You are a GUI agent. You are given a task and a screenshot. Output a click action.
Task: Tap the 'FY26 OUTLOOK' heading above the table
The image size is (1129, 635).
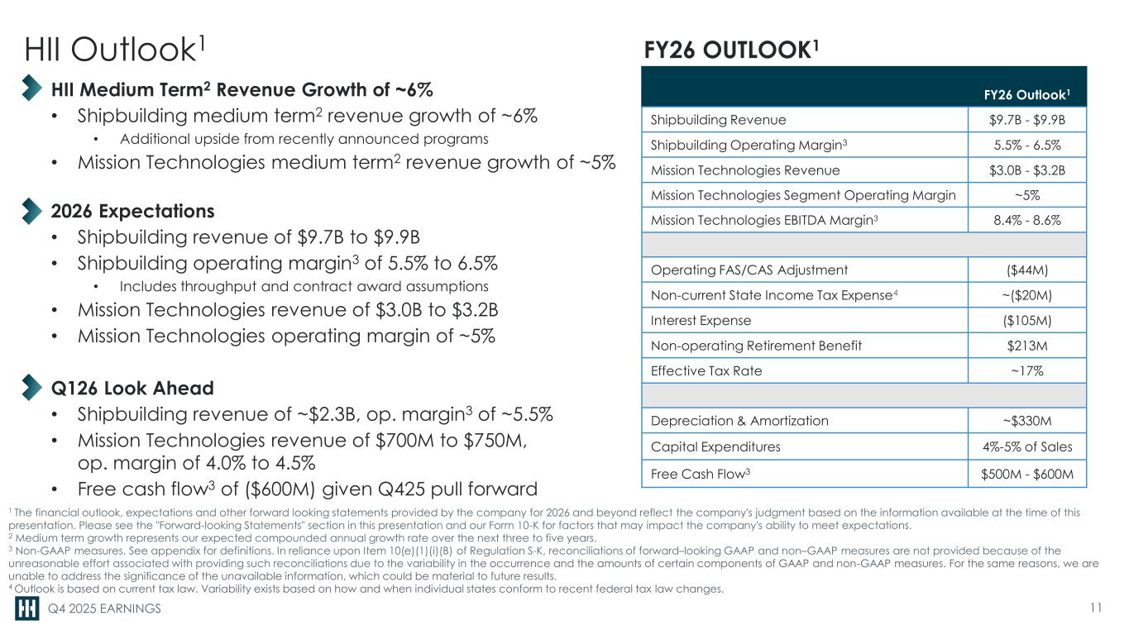(x=732, y=49)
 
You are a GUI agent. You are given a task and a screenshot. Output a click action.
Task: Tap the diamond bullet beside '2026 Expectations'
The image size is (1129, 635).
(x=31, y=210)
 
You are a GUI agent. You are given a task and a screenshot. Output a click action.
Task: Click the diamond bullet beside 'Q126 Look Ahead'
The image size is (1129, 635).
(x=31, y=388)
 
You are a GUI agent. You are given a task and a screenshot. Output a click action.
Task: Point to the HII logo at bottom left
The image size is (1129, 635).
(x=26, y=609)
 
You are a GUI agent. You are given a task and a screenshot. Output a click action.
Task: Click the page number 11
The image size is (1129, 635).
(x=1097, y=609)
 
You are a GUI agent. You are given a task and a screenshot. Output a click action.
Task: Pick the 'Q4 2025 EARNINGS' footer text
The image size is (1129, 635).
(x=104, y=610)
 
